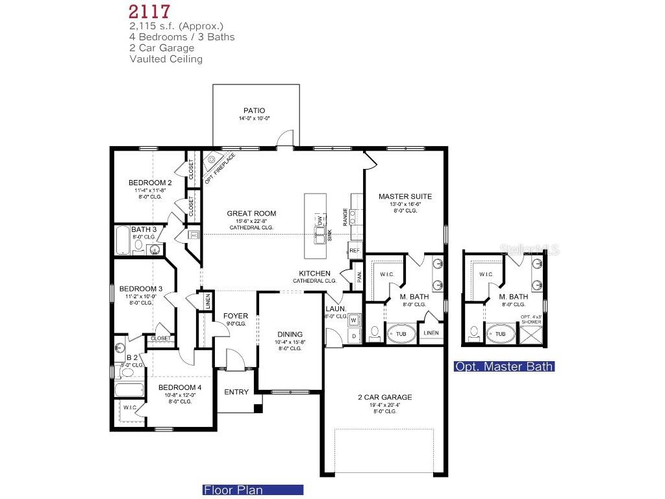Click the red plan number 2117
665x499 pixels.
click(x=149, y=11)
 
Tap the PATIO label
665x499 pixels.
click(x=254, y=111)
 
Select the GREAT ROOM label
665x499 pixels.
click(x=251, y=213)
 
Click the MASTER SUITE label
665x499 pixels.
click(x=405, y=196)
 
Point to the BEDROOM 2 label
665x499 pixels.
click(x=150, y=183)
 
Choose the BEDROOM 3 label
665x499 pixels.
click(x=141, y=288)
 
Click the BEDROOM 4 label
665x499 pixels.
click(x=180, y=387)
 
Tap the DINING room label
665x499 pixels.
click(x=290, y=335)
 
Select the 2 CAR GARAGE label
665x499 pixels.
click(x=384, y=397)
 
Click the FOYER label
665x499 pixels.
click(x=236, y=316)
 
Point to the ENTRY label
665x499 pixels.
click(x=236, y=392)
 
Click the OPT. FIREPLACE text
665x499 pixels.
click(x=220, y=168)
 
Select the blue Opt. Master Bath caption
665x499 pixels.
click(x=504, y=366)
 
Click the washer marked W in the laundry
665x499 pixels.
click(x=354, y=320)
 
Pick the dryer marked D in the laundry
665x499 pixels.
click(x=354, y=336)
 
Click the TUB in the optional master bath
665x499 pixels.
click(x=500, y=335)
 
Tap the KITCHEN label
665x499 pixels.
click(x=314, y=274)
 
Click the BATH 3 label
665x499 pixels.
click(x=144, y=230)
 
